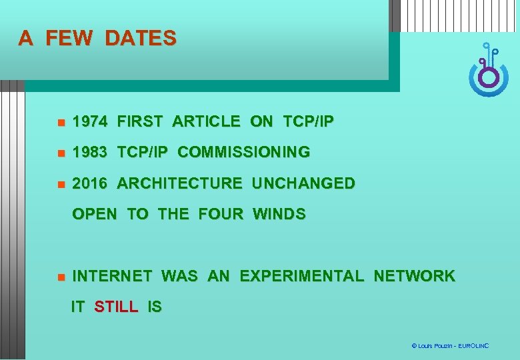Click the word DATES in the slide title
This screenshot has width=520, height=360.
(141, 39)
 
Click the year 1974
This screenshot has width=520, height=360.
(89, 122)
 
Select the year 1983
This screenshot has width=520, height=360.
(89, 153)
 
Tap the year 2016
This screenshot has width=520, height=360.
(89, 183)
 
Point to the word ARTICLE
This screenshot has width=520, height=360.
(206, 122)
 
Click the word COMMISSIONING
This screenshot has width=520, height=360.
(243, 153)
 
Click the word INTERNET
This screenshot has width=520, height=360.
(112, 276)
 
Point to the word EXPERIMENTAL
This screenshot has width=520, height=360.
(302, 276)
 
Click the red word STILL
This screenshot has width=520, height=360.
(116, 307)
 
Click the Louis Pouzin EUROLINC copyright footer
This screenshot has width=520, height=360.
(450, 346)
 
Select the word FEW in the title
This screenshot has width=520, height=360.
(69, 39)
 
